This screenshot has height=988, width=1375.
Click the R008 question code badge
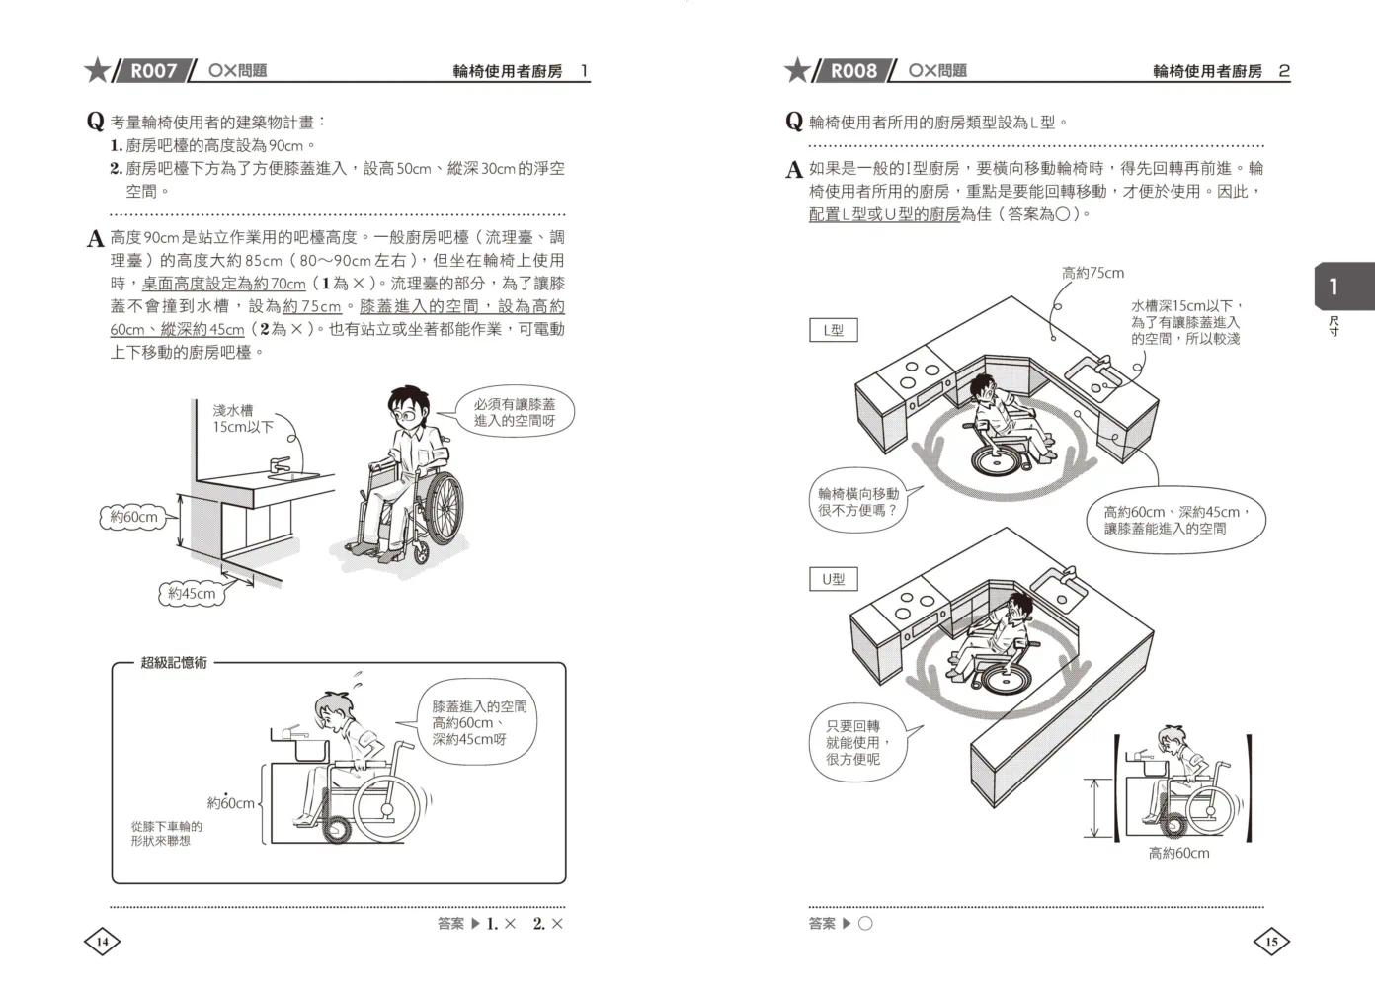pyautogui.click(x=852, y=71)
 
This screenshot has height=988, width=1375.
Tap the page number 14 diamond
pyautogui.click(x=101, y=942)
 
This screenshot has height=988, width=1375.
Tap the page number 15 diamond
pyautogui.click(x=1271, y=942)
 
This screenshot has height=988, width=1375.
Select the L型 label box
pyautogui.click(x=833, y=330)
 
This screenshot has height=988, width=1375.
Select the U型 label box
pyautogui.click(x=833, y=579)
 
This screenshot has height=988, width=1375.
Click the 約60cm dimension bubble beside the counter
pyautogui.click(x=133, y=517)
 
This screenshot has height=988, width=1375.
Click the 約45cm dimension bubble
pyautogui.click(x=191, y=593)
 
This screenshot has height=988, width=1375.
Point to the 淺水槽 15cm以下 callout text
pyautogui.click(x=242, y=418)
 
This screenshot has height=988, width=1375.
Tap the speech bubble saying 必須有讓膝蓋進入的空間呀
pyautogui.click(x=514, y=413)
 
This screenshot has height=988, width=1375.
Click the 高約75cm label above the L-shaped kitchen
pyautogui.click(x=1092, y=273)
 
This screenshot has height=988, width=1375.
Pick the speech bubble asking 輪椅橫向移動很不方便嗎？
pyautogui.click(x=858, y=502)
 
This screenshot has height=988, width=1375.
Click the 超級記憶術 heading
pyautogui.click(x=174, y=663)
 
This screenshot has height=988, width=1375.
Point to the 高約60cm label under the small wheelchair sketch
pyautogui.click(x=1178, y=853)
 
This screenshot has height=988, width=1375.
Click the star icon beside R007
pyautogui.click(x=97, y=71)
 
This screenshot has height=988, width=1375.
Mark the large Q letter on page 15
pyautogui.click(x=794, y=122)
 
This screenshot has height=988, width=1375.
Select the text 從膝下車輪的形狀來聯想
pyautogui.click(x=166, y=833)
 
